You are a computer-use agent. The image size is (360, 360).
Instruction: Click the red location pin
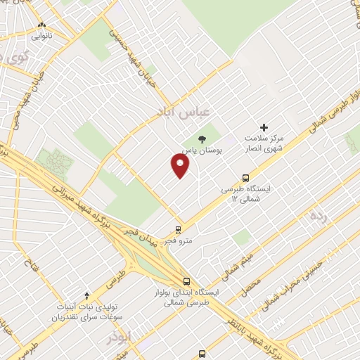click(x=181, y=166)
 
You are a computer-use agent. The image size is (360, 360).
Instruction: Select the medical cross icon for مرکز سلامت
click(x=264, y=127)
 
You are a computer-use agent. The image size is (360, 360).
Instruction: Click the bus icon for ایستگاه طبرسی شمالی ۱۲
click(x=245, y=178)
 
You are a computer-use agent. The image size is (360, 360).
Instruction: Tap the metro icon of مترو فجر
click(x=178, y=229)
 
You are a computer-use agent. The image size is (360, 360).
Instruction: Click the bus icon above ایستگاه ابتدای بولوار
click(x=186, y=279)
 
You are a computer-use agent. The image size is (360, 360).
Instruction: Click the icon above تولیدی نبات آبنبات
click(x=87, y=296)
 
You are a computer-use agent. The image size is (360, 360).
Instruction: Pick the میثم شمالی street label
click(x=233, y=259)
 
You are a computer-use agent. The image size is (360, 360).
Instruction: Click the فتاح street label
click(x=31, y=268)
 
